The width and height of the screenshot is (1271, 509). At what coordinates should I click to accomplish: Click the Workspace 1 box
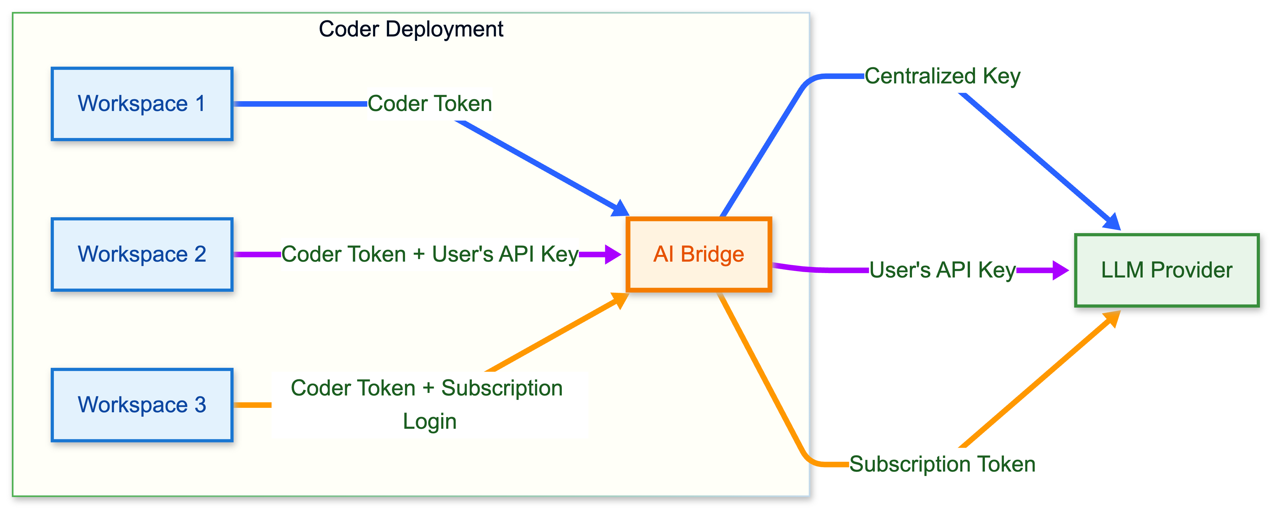(142, 104)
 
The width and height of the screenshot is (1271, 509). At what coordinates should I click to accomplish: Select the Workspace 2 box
(142, 254)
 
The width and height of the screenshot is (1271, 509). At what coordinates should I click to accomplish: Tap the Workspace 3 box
(142, 405)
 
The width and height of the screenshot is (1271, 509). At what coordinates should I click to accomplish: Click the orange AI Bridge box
(699, 254)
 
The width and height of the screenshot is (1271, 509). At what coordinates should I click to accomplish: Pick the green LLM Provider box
(1166, 270)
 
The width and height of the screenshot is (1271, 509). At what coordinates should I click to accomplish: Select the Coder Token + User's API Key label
(429, 254)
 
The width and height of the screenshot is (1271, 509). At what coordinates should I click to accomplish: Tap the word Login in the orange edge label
(429, 421)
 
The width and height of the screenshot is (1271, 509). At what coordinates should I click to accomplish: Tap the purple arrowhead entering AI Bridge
(613, 254)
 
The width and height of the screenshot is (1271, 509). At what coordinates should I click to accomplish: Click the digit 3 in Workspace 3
(200, 405)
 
